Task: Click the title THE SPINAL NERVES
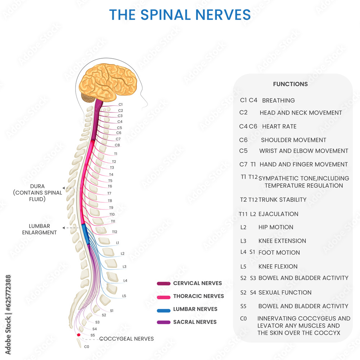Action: coord(180,15)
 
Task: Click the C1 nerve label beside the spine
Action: coord(121,104)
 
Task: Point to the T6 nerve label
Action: coord(110,186)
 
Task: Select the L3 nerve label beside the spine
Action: coord(125,267)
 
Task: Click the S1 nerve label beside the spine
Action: coord(112,310)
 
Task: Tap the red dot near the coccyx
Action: coord(79,335)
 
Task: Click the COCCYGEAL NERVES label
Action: coord(126,339)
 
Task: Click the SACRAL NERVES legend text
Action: coord(195,322)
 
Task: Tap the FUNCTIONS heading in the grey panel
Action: coord(290,84)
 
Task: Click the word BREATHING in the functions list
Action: coord(278,101)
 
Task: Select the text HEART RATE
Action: coord(279,127)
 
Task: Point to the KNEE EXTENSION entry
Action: coord(282,241)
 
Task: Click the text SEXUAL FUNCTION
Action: coord(285,293)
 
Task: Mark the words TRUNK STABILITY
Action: coord(282,200)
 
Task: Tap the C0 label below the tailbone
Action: coord(86,347)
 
